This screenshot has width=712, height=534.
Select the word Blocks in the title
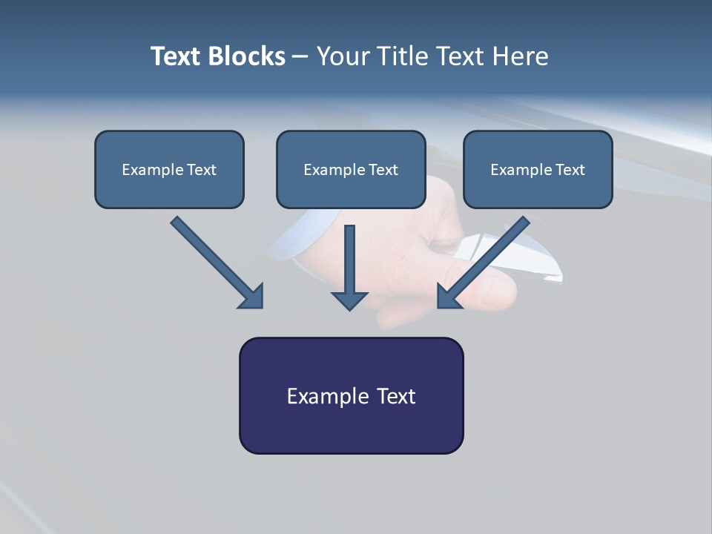pos(248,56)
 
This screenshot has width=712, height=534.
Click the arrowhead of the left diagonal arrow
pos(252,297)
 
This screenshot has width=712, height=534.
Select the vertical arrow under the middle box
pos(349,267)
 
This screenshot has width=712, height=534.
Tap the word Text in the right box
pos(570,170)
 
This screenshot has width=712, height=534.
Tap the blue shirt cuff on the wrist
pos(289,245)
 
